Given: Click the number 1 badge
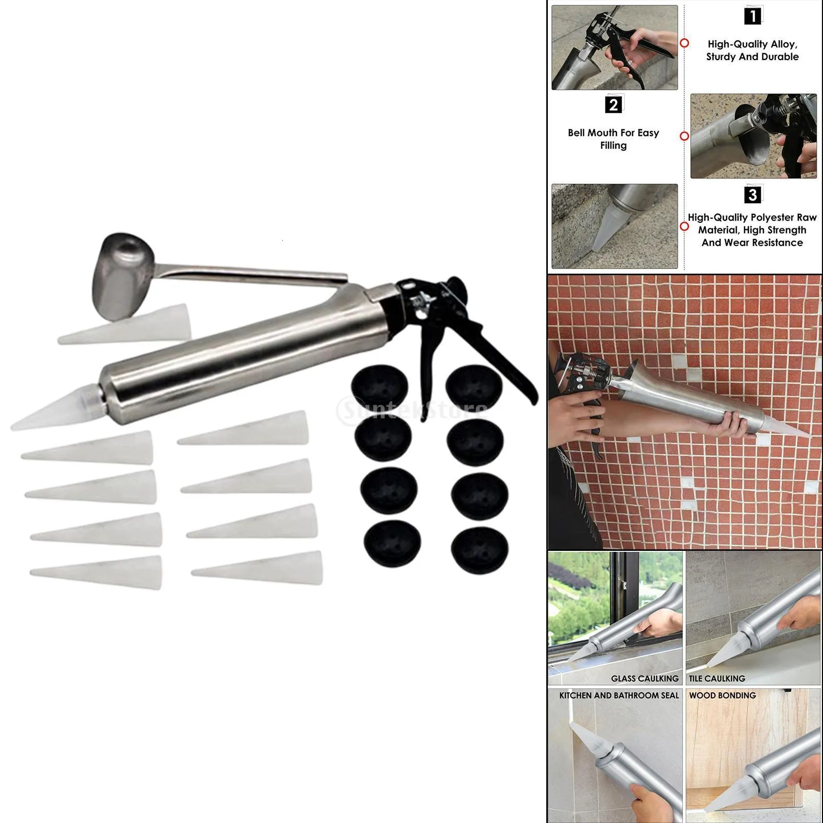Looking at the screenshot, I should click(753, 16).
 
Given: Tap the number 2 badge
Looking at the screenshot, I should click(613, 105).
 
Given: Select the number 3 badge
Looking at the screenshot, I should click(753, 195).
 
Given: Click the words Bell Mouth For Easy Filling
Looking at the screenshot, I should click(613, 139).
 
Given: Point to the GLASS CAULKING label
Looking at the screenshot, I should click(645, 678).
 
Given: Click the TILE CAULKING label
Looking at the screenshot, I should click(717, 678).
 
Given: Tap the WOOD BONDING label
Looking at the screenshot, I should click(722, 695).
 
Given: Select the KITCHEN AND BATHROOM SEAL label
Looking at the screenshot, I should click(619, 695).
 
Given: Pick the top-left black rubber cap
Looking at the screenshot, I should click(380, 386).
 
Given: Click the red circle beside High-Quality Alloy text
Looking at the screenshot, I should click(684, 43).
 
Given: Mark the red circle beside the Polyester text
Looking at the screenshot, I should click(684, 226).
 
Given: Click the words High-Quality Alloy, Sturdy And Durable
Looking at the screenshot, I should click(752, 50).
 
